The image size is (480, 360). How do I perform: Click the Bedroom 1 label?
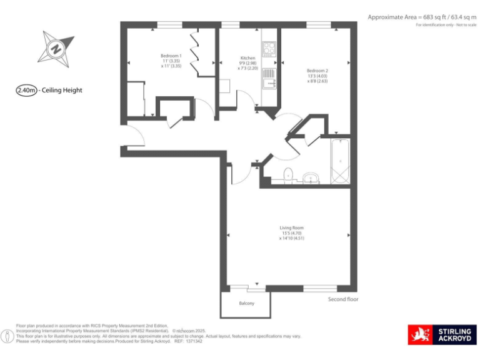pyautogui.click(x=171, y=56)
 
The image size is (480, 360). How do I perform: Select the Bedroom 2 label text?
pyautogui.click(x=317, y=71)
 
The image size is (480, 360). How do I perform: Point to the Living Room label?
pyautogui.click(x=291, y=228)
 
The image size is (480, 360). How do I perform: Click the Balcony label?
pyautogui.click(x=246, y=304)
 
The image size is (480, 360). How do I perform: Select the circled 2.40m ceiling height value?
pyautogui.click(x=26, y=90)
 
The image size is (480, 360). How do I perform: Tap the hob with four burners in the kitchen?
pyautogui.click(x=269, y=48)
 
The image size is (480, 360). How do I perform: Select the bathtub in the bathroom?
pyautogui.click(x=341, y=161)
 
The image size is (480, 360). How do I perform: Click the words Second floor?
pyautogui.click(x=343, y=299)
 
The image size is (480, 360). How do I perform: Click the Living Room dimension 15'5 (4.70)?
pyautogui.click(x=291, y=233)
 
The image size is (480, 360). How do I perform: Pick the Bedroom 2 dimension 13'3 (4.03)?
pyautogui.click(x=317, y=76)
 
